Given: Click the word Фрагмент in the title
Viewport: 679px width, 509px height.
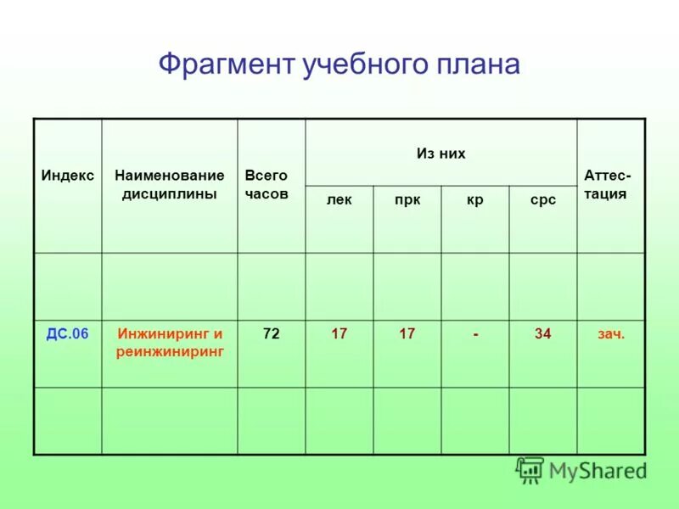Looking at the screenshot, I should point(226,64).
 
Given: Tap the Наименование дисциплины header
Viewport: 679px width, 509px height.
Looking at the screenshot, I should point(169,184).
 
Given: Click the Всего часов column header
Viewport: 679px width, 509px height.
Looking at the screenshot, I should point(267,184).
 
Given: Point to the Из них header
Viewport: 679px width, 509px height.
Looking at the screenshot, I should point(441,154).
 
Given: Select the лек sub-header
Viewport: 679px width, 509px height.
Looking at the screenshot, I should point(339,200).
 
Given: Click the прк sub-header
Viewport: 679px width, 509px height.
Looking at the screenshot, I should point(407,200).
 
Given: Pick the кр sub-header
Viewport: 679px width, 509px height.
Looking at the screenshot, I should point(474,200).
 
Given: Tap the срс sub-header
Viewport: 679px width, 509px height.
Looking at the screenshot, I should point(543,200).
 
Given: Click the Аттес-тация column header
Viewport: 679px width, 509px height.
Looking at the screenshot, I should point(607,184).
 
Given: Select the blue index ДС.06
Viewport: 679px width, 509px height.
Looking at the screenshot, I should point(67,334).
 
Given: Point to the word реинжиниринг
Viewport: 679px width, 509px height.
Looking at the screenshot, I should point(170,350).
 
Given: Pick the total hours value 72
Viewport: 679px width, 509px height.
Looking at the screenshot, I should point(271,334).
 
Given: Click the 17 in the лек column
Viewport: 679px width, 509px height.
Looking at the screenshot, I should point(339,334).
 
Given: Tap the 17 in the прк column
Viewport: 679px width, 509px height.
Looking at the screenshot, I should point(407,334).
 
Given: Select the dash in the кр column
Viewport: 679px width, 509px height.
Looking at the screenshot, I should point(475,335).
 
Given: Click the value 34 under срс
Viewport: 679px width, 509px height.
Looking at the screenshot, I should point(543,334).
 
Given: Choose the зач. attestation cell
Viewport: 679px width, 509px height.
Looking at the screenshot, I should point(611,334).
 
